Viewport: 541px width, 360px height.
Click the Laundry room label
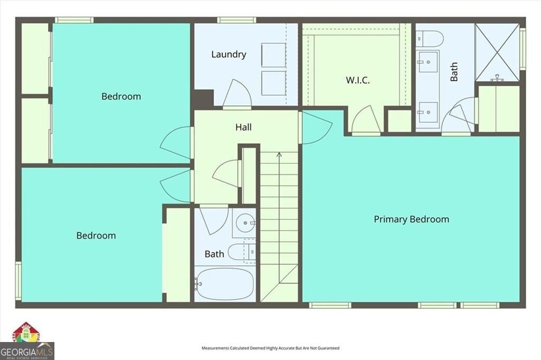tap(228, 54)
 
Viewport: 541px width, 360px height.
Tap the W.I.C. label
tap(357, 80)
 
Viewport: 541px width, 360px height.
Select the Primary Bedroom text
tap(411, 219)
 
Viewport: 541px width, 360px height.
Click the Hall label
tap(243, 127)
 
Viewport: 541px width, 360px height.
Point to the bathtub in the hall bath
tap(224, 284)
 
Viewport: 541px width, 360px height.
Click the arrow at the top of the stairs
tap(279, 155)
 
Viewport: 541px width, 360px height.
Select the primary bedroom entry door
tap(315, 127)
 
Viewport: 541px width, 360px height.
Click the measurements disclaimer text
tap(270, 348)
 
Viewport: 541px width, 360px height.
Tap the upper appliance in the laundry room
tap(273, 56)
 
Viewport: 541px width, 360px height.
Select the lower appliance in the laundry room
tap(273, 82)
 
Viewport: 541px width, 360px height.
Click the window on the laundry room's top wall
tap(236, 20)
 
